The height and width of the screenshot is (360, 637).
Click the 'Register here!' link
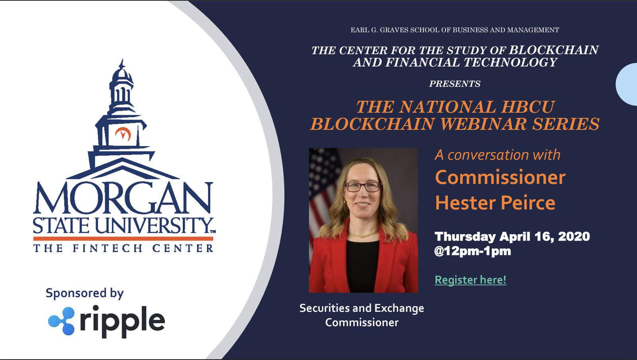pos(470,280)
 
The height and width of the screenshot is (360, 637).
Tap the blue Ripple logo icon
pos(62,321)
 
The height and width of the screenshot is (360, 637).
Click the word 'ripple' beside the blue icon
pos(122,322)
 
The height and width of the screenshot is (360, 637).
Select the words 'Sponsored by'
pos(85,293)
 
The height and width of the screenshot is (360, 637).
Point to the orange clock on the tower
pos(123,134)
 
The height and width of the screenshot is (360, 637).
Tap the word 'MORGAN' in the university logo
pos(123,198)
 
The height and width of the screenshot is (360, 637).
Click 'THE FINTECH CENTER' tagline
pos(123,248)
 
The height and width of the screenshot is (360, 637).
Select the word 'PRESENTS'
pos(455,84)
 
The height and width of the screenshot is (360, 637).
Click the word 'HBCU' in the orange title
pos(528,107)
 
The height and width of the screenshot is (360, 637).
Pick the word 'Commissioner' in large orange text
pos(500,177)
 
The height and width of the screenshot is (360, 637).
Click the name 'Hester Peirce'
pos(495,203)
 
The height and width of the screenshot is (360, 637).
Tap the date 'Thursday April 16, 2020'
pos(512,237)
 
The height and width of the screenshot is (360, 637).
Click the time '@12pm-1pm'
pos(472,251)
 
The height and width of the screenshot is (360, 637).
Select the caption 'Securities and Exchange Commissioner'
pos(362,315)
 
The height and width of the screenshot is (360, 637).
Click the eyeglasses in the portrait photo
pos(363,187)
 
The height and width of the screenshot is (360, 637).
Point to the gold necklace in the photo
pos(363,234)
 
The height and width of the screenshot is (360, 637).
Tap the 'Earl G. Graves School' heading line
pos(455,30)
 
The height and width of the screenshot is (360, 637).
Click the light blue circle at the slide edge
pos(627,84)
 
